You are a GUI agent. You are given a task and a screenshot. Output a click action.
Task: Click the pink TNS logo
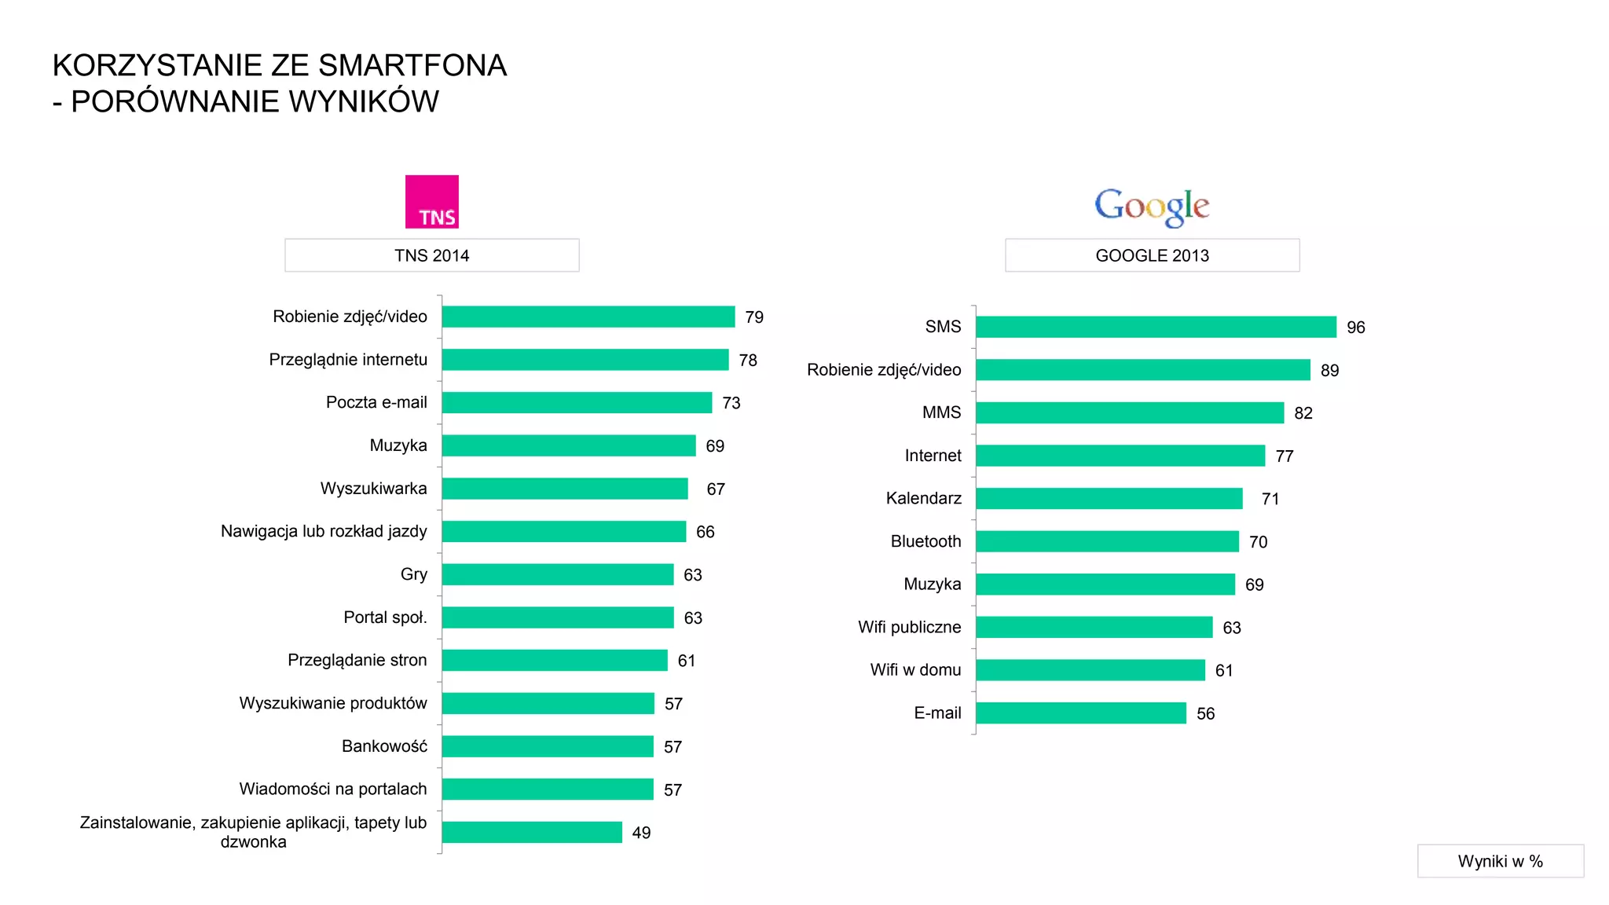click(x=431, y=202)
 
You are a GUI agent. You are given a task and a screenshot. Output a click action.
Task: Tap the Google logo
click(x=1151, y=207)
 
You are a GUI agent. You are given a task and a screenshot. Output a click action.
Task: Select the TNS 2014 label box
click(x=431, y=255)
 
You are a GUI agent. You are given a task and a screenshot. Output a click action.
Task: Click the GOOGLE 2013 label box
click(x=1152, y=255)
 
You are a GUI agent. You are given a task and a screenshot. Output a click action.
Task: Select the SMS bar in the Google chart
click(x=1155, y=327)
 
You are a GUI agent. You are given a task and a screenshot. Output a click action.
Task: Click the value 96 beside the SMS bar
click(x=1355, y=328)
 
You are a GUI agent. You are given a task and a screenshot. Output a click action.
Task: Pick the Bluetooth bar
click(x=1106, y=541)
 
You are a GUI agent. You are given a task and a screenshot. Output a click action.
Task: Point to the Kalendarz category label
click(x=923, y=498)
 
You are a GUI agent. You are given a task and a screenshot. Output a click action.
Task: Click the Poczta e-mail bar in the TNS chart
click(x=576, y=402)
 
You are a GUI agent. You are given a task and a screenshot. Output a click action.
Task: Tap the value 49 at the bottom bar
click(x=641, y=833)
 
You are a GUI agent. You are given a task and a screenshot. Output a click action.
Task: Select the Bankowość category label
click(x=384, y=746)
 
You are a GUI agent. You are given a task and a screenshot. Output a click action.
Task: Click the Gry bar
click(x=557, y=574)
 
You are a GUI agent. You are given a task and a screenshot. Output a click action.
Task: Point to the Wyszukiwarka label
click(x=373, y=489)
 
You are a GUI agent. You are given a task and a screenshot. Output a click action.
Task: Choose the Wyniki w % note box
click(x=1500, y=861)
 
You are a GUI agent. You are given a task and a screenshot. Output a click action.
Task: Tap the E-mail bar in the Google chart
click(x=1080, y=713)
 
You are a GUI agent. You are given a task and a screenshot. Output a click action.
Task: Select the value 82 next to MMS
click(x=1303, y=413)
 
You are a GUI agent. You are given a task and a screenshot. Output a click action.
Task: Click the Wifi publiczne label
click(x=909, y=627)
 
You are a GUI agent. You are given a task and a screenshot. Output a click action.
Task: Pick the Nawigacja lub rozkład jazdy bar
click(x=563, y=532)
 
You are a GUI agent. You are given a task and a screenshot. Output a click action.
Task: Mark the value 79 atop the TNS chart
click(x=753, y=317)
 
